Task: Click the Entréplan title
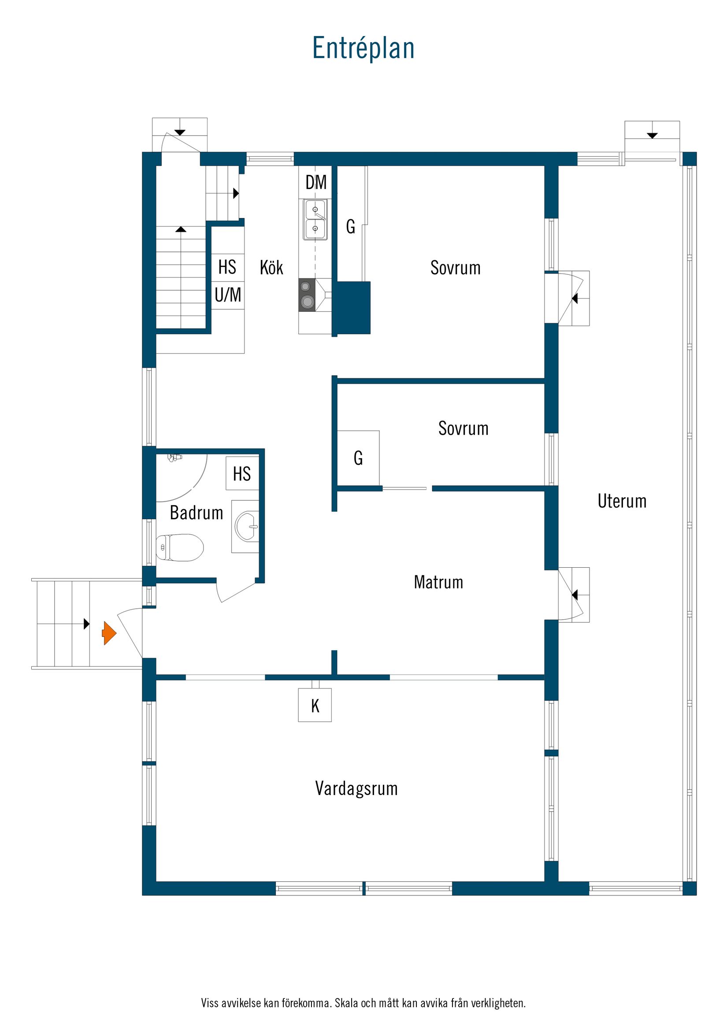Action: tap(363, 48)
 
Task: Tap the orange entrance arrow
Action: tap(109, 633)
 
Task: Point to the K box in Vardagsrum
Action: tap(315, 706)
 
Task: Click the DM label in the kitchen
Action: tap(316, 182)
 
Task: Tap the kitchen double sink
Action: tap(315, 219)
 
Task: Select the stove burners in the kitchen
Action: tap(307, 295)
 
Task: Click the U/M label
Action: tap(227, 295)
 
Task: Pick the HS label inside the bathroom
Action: tap(242, 474)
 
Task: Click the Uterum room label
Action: tap(622, 501)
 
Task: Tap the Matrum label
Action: tap(438, 582)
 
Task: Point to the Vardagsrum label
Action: tap(356, 788)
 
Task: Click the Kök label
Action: tap(271, 268)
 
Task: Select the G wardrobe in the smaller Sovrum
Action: tap(358, 458)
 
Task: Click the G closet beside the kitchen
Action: tap(350, 227)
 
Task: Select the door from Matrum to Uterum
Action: tap(571, 595)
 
